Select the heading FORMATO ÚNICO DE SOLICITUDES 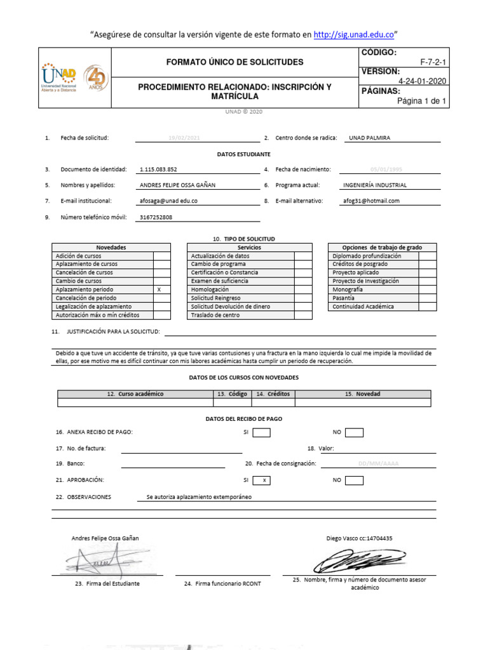point(234,62)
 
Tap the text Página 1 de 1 point(421,101)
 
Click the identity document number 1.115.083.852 point(158,169)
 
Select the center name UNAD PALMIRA point(367,138)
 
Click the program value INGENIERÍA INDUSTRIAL point(375,185)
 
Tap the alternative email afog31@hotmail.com point(371,201)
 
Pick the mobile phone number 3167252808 point(156,217)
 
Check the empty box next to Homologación point(303,289)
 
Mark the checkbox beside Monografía point(427,289)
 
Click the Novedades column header point(111,247)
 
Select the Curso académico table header point(135,394)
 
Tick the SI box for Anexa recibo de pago point(261,432)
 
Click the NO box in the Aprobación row point(354,481)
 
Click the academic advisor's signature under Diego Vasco point(358,560)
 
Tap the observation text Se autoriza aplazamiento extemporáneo point(199,497)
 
